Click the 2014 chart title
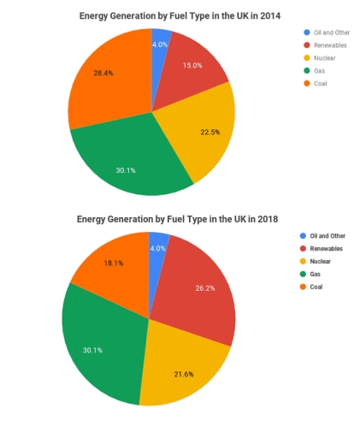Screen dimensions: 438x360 coord(180,15)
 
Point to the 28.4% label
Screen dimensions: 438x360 coord(103,73)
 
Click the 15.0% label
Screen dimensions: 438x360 coord(192,66)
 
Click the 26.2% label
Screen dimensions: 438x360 coord(204,288)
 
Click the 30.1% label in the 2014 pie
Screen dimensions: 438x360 coord(126,170)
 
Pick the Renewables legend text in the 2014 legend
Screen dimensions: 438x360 coord(330,44)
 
